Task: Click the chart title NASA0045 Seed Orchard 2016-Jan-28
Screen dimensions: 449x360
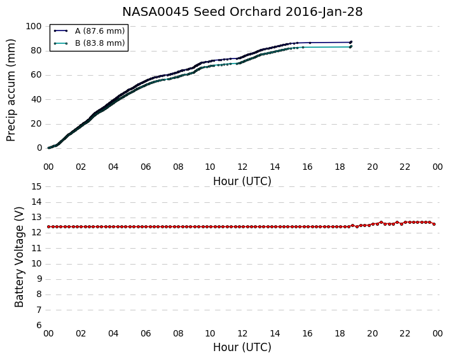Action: tap(242, 12)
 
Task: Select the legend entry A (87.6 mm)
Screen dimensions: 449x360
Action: tap(89, 31)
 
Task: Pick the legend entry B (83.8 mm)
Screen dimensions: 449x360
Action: tap(89, 43)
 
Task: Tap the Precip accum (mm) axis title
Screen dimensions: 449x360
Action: tap(11, 90)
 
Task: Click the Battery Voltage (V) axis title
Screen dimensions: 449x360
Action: tap(19, 257)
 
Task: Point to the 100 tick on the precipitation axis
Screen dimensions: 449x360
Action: tap(34, 26)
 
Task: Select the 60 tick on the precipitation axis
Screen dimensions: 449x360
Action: tap(37, 75)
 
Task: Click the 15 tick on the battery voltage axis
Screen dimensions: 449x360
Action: tap(37, 187)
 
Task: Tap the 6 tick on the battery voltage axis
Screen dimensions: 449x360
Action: tap(39, 326)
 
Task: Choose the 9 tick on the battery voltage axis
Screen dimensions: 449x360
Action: tap(39, 279)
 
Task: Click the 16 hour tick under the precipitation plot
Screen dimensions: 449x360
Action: tap(307, 167)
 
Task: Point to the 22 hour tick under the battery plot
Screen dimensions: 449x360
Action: tap(405, 333)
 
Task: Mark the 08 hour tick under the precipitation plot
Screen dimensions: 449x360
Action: tap(178, 167)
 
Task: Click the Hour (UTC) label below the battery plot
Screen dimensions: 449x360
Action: tap(242, 347)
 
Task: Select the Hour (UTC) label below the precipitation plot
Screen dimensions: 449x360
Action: tap(242, 181)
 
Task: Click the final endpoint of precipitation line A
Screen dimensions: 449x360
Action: tap(351, 42)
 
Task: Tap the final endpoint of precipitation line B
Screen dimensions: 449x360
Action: tap(351, 46)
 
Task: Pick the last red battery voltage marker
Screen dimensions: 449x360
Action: tap(434, 225)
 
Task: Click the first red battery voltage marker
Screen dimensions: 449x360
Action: tap(49, 227)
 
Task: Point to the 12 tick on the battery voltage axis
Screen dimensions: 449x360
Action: tap(37, 233)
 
